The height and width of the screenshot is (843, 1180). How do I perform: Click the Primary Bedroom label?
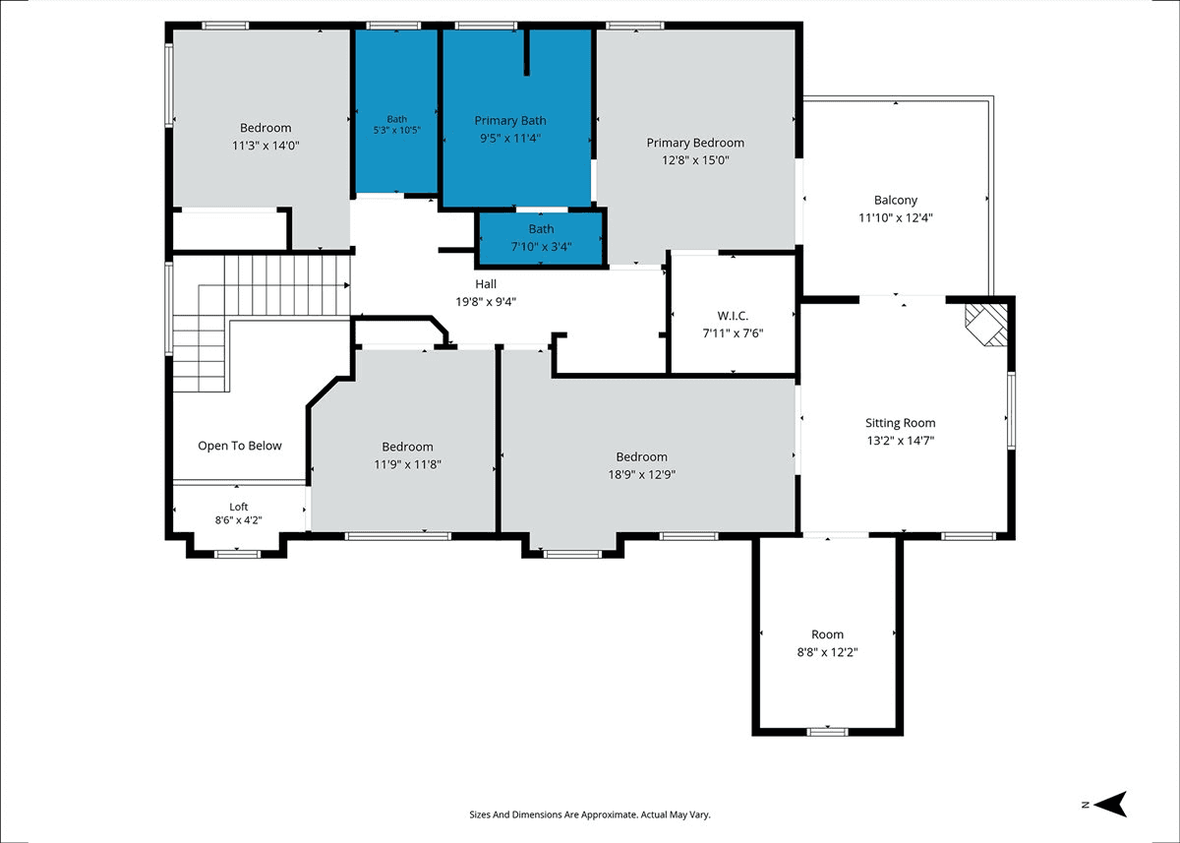(695, 143)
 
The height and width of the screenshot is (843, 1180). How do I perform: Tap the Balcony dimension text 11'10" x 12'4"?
(896, 217)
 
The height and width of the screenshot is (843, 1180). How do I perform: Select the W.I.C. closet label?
(733, 316)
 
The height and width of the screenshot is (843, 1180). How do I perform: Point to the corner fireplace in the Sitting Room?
(986, 325)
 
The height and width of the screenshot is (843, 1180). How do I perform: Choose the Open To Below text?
(240, 446)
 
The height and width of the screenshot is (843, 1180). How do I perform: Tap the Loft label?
(239, 507)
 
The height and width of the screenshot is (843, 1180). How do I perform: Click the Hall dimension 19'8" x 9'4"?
(486, 302)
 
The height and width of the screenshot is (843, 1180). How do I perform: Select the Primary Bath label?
(510, 121)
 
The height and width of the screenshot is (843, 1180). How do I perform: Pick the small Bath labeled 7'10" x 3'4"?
(541, 238)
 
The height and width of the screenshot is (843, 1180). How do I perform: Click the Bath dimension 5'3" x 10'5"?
(396, 130)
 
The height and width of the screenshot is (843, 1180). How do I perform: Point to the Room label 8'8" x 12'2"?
(827, 643)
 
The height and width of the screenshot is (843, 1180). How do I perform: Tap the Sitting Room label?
(901, 423)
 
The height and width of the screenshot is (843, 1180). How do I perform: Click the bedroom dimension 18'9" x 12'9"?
(641, 475)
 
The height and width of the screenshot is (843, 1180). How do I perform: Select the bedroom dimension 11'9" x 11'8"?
(407, 464)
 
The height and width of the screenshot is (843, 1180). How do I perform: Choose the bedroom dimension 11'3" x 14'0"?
(265, 146)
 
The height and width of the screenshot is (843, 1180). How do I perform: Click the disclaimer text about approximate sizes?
(590, 814)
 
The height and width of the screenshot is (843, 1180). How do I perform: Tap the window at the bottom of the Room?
(828, 731)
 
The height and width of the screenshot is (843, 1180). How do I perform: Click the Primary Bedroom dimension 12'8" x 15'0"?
(695, 160)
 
